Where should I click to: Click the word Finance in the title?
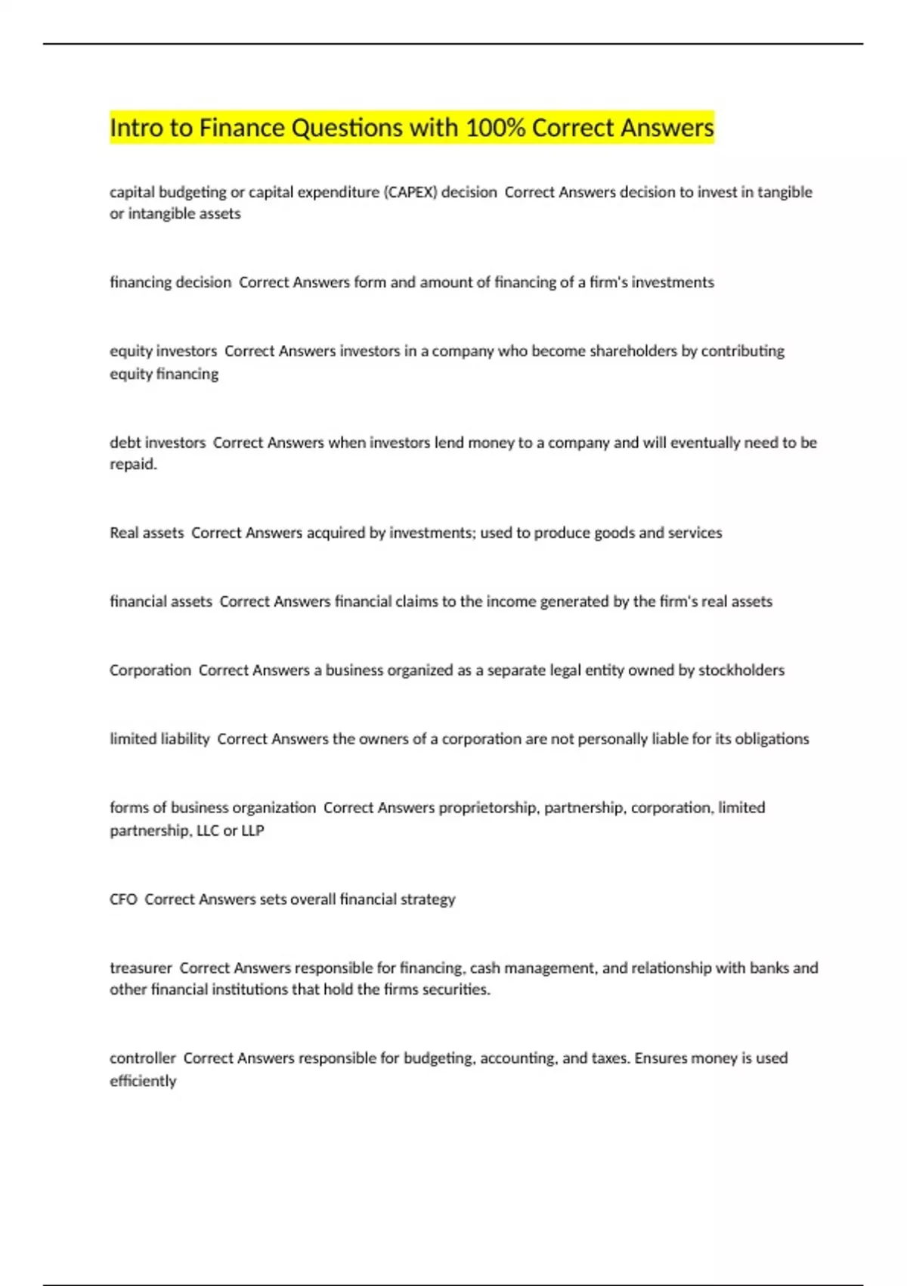click(x=242, y=128)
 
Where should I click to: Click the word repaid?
click(x=133, y=464)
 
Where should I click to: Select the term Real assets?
click(x=147, y=533)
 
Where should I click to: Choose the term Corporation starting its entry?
click(x=150, y=670)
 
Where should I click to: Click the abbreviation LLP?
click(x=252, y=831)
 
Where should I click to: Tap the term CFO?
click(x=123, y=899)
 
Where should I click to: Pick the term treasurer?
click(x=141, y=968)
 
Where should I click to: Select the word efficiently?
click(x=143, y=1081)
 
